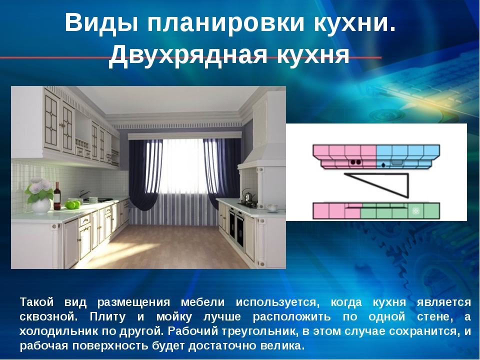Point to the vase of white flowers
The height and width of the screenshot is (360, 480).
40,195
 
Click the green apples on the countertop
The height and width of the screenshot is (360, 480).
72,204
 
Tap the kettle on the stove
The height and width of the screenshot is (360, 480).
246,194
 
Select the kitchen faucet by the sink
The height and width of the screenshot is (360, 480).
83,194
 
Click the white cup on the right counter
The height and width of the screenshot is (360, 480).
272,208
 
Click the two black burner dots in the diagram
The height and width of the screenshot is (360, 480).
355,162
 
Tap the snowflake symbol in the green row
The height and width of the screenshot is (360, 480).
415,210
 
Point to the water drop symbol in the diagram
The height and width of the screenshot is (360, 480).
383,165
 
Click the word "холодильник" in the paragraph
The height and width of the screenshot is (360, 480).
58,331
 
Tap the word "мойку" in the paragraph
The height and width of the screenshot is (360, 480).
174,317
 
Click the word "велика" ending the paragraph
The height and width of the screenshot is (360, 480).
282,346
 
